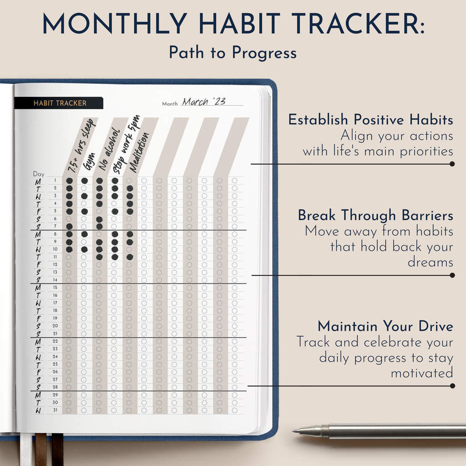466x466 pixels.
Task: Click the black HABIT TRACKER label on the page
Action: click(x=59, y=103)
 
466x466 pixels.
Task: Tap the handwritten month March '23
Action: click(x=204, y=101)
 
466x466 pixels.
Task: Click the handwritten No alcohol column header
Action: click(x=109, y=150)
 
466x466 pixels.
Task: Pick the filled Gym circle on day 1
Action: click(x=84, y=181)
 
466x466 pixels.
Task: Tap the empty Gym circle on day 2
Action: click(x=84, y=188)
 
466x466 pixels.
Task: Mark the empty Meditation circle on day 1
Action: click(x=129, y=181)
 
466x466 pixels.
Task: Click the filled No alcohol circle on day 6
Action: click(x=99, y=219)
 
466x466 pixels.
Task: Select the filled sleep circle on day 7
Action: click(x=69, y=226)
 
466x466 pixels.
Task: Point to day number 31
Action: click(x=55, y=410)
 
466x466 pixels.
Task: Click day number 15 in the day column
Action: click(x=55, y=288)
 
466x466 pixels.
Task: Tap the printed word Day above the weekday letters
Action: click(x=39, y=174)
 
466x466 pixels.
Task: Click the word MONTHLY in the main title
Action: click(x=114, y=23)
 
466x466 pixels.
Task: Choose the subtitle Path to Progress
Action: click(x=233, y=53)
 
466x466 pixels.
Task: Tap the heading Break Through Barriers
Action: click(x=375, y=215)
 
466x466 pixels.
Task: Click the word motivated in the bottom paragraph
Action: click(x=422, y=374)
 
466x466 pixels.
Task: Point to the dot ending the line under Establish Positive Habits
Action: click(x=452, y=164)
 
